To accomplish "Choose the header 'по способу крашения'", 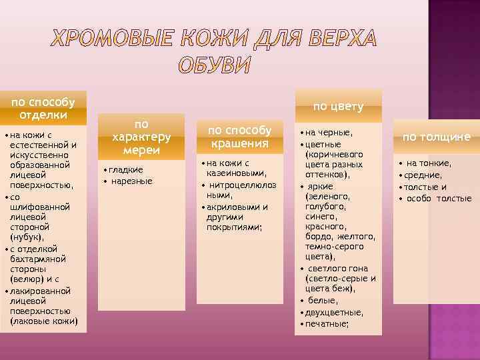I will pos(240,137).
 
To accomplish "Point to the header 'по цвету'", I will pos(338,106).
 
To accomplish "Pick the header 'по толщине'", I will pos(437,137).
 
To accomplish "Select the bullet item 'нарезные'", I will pos(131,181).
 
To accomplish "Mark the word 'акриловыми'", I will pos(233,206).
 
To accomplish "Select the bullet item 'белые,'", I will pos(323,301).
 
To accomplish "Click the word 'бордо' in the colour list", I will pos(319,237).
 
